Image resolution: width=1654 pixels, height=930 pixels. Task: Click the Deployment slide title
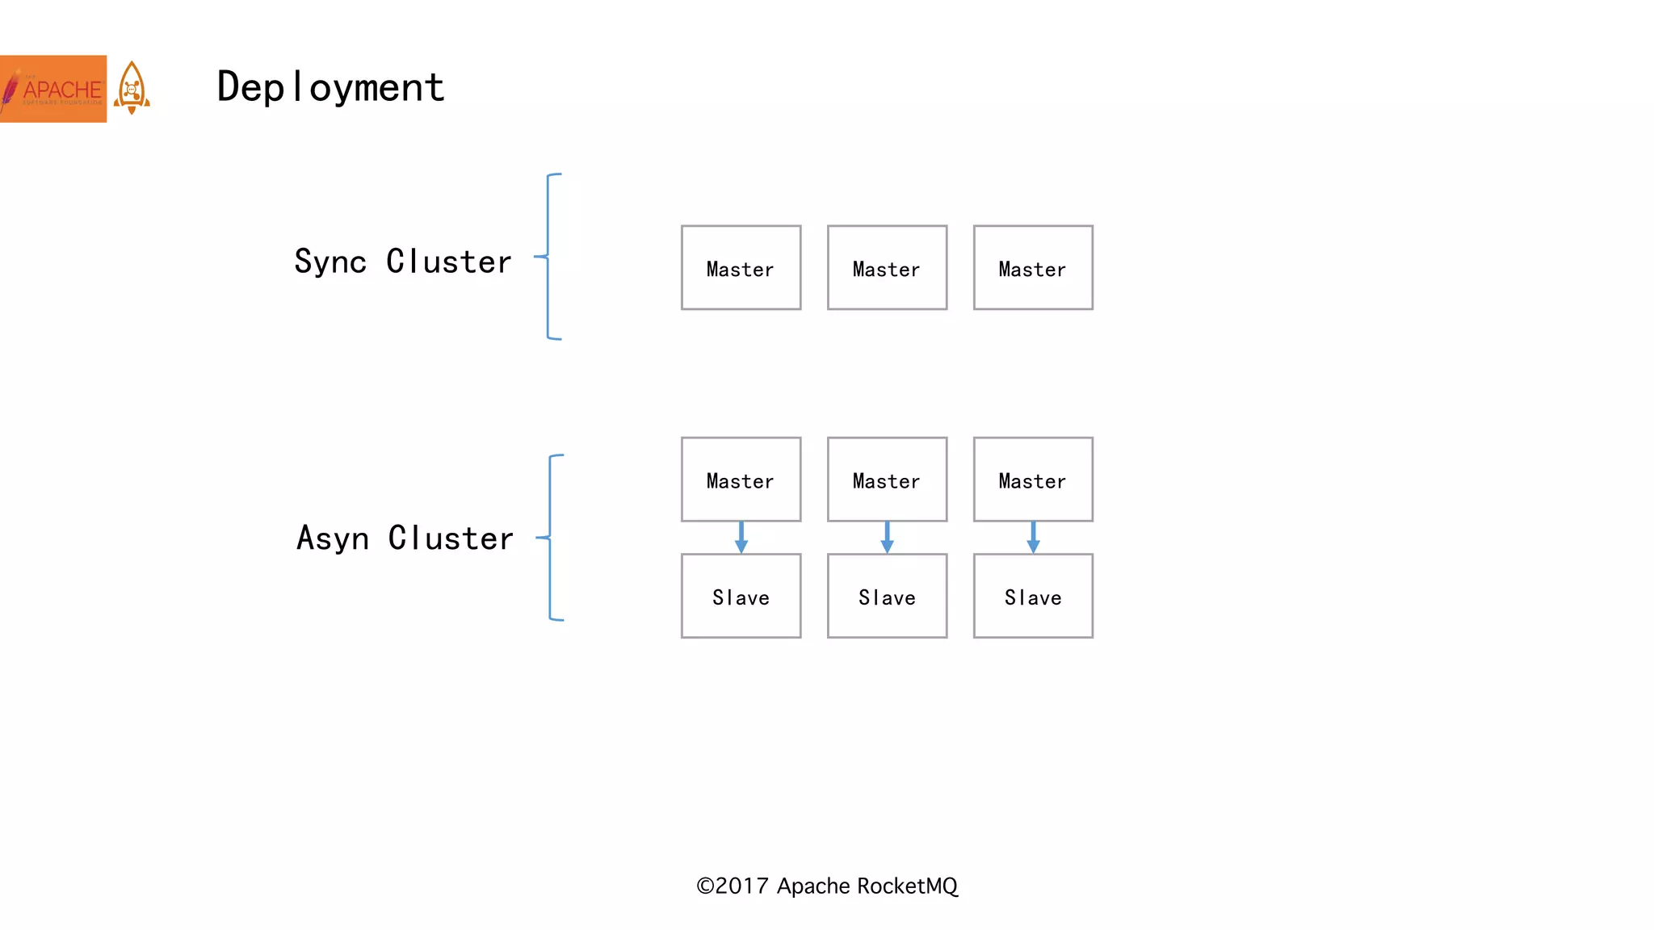(x=330, y=87)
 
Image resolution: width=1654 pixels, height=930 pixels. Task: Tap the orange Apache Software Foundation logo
(x=53, y=89)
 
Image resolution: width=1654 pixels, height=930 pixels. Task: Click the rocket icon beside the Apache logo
(x=132, y=88)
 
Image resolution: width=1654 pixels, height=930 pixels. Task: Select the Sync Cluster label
(x=402, y=262)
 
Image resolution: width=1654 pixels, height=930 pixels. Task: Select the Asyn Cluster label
(x=405, y=538)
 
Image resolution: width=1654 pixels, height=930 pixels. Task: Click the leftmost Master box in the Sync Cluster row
(x=741, y=268)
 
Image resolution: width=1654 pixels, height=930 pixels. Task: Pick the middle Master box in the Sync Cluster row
(x=887, y=268)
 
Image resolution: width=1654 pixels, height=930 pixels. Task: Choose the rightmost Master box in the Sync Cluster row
(x=1033, y=268)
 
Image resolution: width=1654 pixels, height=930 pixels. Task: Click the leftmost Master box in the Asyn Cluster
(x=741, y=480)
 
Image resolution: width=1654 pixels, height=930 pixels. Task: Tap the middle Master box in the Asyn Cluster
(x=887, y=480)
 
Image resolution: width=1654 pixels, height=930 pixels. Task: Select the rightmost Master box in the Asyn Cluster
(x=1033, y=480)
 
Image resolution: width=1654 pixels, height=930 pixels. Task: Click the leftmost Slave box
(x=741, y=596)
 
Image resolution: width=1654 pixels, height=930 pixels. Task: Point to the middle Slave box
(x=887, y=596)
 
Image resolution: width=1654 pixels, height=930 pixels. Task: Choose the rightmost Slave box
(x=1033, y=596)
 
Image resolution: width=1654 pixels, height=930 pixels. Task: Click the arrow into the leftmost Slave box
(x=741, y=538)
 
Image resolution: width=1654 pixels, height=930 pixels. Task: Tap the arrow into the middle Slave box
(x=887, y=538)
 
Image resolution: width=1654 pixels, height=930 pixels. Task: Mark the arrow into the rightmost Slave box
(x=1033, y=538)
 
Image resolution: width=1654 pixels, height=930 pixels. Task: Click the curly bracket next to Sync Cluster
(x=549, y=257)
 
